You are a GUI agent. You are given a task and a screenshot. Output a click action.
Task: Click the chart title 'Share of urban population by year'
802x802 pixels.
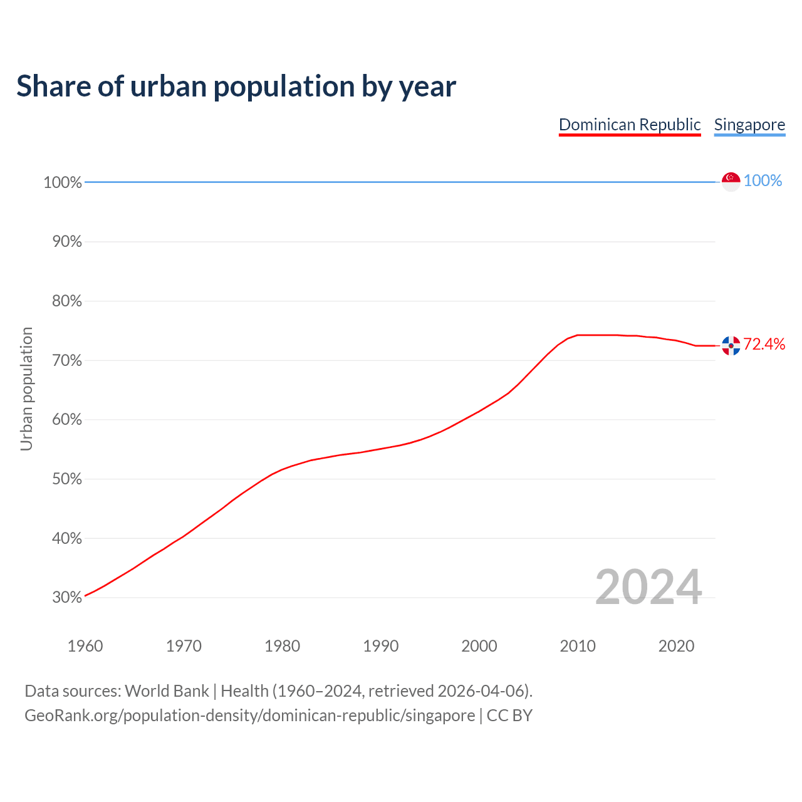click(x=236, y=86)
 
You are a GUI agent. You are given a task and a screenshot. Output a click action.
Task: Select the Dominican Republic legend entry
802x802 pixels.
click(x=630, y=125)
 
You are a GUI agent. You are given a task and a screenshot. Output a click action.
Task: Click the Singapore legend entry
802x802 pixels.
click(x=749, y=125)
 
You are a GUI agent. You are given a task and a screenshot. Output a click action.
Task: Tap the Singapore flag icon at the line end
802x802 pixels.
click(x=731, y=181)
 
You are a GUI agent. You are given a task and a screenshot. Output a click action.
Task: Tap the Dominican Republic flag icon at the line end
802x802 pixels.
click(x=731, y=345)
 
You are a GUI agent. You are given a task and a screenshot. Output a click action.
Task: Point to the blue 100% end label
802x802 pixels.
click(x=763, y=181)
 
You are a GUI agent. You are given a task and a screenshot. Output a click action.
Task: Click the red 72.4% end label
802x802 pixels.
click(x=764, y=344)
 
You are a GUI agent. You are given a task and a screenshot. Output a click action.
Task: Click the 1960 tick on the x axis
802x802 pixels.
click(x=85, y=646)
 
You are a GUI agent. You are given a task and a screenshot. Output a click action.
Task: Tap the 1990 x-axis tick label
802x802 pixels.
click(x=381, y=646)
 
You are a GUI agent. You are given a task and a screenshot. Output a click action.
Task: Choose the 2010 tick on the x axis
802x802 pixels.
click(x=578, y=646)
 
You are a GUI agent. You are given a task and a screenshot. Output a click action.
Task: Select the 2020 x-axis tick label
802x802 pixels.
click(x=676, y=646)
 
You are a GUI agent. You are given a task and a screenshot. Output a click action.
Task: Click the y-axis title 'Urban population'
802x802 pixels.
click(x=26, y=388)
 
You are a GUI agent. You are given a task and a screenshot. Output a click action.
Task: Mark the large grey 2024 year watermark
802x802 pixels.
click(x=648, y=587)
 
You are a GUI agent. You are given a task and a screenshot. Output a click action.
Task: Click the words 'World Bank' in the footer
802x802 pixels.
click(x=167, y=691)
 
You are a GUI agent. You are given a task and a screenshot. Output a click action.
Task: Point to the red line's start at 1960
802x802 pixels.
click(x=86, y=595)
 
